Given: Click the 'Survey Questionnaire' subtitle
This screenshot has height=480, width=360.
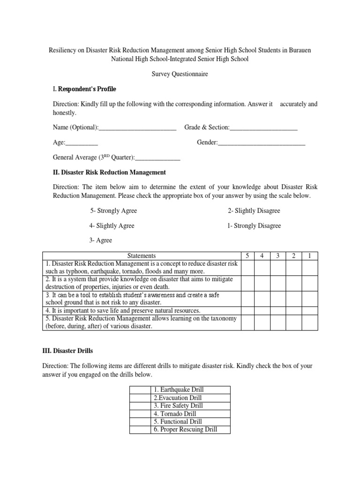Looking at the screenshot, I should [180, 74].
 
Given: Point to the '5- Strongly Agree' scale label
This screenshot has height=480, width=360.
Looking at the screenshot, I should [113, 211].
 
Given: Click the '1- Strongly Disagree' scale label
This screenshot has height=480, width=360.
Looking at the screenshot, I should [254, 226].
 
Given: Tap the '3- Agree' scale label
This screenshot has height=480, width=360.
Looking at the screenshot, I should [101, 240].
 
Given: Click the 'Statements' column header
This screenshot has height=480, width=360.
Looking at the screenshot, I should [141, 256].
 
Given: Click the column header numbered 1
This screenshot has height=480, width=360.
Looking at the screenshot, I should [309, 256].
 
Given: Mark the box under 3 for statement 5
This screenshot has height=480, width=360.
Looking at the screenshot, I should [278, 323].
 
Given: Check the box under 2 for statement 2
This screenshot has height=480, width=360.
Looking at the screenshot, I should [293, 283].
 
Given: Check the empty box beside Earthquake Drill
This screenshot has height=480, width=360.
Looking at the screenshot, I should [140, 390].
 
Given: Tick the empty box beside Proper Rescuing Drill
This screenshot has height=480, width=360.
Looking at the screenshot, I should [140, 430].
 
